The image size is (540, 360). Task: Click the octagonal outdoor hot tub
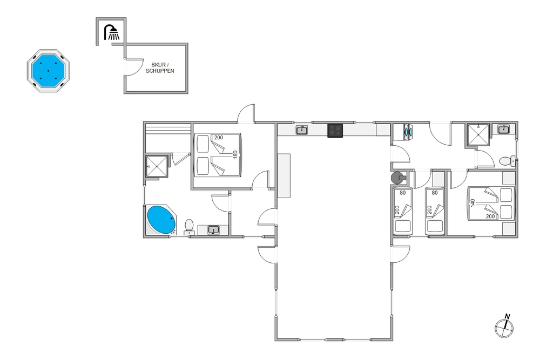pyautogui.click(x=48, y=71)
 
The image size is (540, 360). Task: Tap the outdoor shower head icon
pyautogui.click(x=111, y=32)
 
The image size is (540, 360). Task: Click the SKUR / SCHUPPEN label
pyautogui.click(x=160, y=68)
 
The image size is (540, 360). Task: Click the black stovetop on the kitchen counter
pyautogui.click(x=335, y=131)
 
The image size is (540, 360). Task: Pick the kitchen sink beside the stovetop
pyautogui.click(x=302, y=130)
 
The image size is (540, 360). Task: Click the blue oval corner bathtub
pyautogui.click(x=160, y=220)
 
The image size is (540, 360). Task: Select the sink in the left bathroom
pyautogui.click(x=213, y=229)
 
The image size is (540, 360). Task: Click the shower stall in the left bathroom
pyautogui.click(x=157, y=166)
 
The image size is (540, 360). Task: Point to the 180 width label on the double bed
pyautogui.click(x=235, y=154)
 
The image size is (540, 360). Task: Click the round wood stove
pyautogui.click(x=397, y=178)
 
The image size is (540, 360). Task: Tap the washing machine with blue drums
pyautogui.click(x=408, y=132)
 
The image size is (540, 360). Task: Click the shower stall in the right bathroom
pyautogui.click(x=478, y=135)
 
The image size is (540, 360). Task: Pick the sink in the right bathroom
pyautogui.click(x=504, y=129)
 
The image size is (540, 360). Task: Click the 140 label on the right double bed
pyautogui.click(x=473, y=203)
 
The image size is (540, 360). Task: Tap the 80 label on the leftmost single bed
pyautogui.click(x=403, y=193)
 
